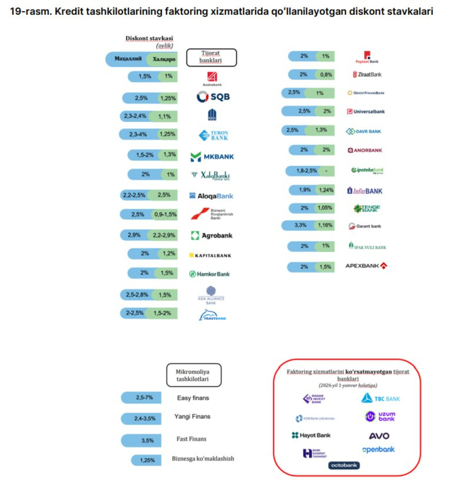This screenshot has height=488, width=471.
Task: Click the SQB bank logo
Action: (x=213, y=97)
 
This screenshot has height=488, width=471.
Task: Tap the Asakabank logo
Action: (x=212, y=79)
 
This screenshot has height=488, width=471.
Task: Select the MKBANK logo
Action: (x=212, y=156)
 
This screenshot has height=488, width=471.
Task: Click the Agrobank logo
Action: (x=211, y=235)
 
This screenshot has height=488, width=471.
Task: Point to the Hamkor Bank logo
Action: (x=209, y=274)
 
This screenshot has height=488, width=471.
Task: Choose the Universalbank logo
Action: (x=366, y=111)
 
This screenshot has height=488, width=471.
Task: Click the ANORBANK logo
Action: (x=365, y=150)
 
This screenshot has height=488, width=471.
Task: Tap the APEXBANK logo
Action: (x=366, y=266)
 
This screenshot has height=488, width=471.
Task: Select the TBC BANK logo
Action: (x=380, y=398)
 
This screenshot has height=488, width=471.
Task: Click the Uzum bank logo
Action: (x=380, y=416)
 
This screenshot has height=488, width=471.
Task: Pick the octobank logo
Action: (x=344, y=465)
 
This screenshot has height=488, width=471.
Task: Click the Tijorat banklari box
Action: (x=211, y=57)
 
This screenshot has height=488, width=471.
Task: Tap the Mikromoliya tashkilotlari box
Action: (x=193, y=375)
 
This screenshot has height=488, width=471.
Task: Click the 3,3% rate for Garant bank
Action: (x=299, y=226)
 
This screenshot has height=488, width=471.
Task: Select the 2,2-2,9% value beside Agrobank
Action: (x=164, y=235)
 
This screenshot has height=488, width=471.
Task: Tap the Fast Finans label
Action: (x=191, y=439)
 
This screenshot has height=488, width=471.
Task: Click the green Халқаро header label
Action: (x=163, y=59)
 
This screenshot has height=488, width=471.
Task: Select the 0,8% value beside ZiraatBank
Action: (x=326, y=75)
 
